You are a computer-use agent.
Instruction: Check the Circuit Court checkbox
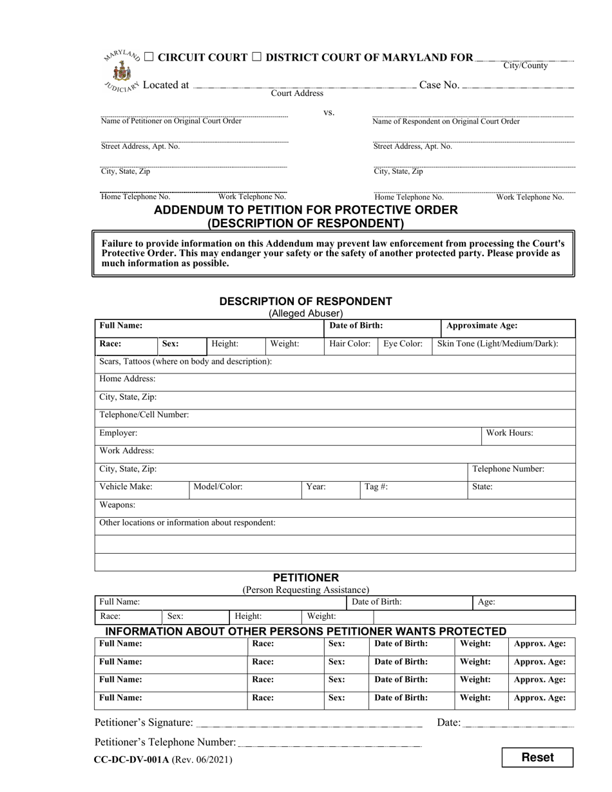(149, 57)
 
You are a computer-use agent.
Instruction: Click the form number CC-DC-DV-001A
(132, 759)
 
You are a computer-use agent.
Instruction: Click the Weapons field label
(117, 505)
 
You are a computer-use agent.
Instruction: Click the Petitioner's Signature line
(309, 722)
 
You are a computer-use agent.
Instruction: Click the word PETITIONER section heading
(305, 578)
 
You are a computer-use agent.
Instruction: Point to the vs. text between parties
(329, 113)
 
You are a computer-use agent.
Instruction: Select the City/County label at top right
(526, 66)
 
